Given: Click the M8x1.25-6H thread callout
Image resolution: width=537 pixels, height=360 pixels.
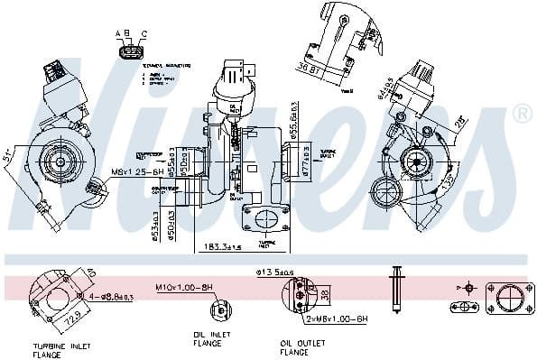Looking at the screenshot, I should pyautogui.click(x=138, y=171).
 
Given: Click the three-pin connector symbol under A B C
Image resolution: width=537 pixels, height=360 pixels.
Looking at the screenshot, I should pyautogui.click(x=130, y=52).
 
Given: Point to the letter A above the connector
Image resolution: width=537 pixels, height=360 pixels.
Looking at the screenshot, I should pyautogui.click(x=118, y=33).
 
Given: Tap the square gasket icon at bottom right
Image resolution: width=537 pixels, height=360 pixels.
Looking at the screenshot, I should pyautogui.click(x=504, y=298).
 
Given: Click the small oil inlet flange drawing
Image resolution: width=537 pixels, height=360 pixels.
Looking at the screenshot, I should pyautogui.click(x=220, y=310).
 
